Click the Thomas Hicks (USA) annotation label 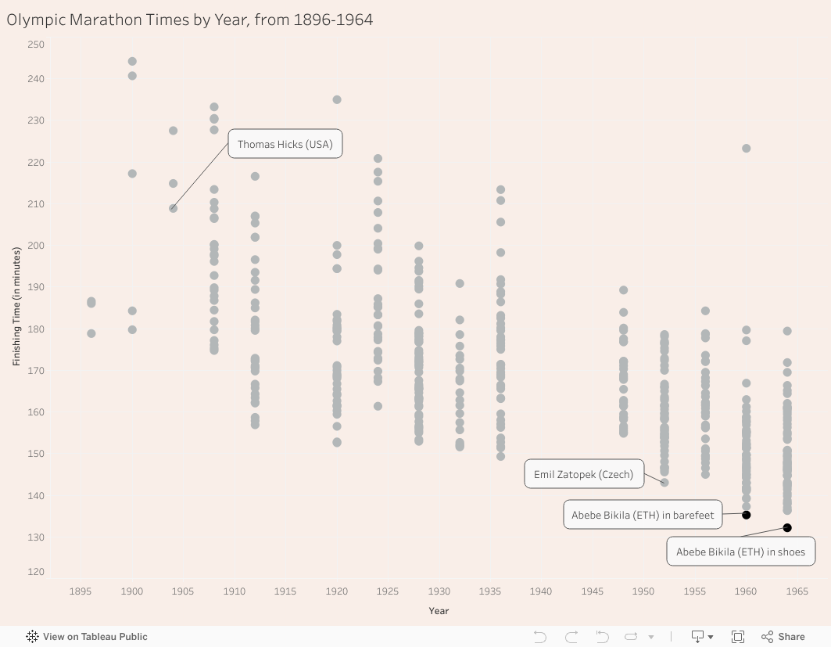point(285,144)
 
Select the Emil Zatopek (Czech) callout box point(584,474)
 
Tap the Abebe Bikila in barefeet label point(643,515)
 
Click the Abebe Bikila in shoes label point(740,552)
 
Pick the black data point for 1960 point(747,515)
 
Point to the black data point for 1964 point(787,528)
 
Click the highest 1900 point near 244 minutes point(132,62)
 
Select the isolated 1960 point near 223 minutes point(747,149)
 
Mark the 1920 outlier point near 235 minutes point(337,100)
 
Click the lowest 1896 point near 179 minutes point(91,333)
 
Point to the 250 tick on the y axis point(36,45)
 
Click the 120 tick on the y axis point(36,572)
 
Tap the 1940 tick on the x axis point(541,591)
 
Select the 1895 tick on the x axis point(81,591)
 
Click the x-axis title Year point(439,611)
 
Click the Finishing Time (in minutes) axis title point(16,307)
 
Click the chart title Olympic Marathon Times point(190,20)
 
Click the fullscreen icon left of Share point(737,637)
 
